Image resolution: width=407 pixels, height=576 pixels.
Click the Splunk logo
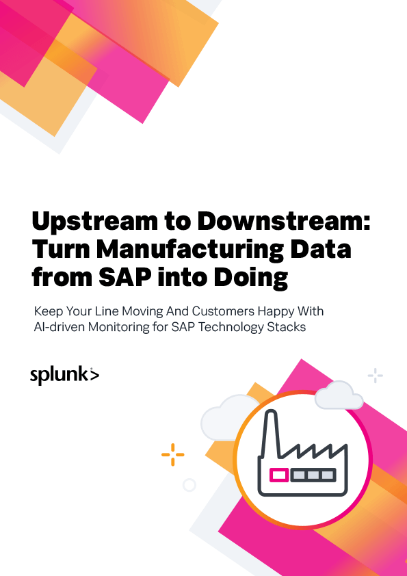click(64, 375)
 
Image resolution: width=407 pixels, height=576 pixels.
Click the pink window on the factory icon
click(278, 474)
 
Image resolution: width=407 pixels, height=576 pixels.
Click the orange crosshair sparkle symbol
click(172, 454)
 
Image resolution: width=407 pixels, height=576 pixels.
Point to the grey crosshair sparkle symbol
click(375, 375)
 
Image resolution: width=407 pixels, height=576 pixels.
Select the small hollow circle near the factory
click(189, 485)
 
